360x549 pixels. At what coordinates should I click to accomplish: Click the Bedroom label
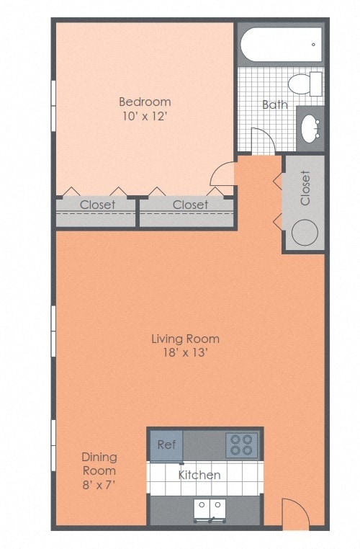pos(145,102)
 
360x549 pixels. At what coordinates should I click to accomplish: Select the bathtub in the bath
pos(281,45)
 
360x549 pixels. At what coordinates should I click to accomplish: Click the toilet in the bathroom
pos(305,84)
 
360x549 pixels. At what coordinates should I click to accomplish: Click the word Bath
pos(274,104)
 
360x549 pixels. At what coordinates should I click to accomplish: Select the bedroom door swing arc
pos(222,174)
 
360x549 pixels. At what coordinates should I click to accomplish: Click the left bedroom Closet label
pos(97,205)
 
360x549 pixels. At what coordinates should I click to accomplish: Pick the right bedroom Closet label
pos(190,205)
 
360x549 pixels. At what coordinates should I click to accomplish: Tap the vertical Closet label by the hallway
pos(305,187)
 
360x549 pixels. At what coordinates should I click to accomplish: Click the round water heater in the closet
pos(305,232)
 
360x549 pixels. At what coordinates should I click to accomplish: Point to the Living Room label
pos(185,339)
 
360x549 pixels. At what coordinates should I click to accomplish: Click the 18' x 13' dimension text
pos(185,353)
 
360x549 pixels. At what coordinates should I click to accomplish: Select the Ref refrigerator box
pos(167,445)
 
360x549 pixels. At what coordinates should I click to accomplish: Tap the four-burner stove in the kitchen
pos(241,445)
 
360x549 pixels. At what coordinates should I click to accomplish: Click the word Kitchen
pos(199,475)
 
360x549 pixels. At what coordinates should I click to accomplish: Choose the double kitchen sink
pos(208,509)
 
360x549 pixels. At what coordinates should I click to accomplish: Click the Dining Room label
pos(99,464)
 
